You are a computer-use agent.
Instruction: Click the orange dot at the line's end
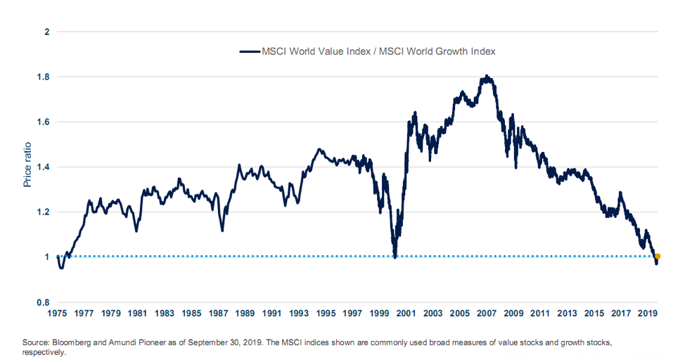click(658, 257)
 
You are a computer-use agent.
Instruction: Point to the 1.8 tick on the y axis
click(44, 77)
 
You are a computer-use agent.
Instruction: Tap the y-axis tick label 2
click(47, 32)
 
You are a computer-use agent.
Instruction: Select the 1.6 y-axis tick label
click(44, 122)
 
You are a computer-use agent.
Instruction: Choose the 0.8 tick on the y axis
click(44, 302)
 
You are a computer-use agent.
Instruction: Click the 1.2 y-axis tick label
click(44, 212)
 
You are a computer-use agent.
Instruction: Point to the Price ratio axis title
click(28, 167)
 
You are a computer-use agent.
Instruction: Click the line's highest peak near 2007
click(486, 75)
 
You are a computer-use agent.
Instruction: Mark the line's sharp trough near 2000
click(395, 257)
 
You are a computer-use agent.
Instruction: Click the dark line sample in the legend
click(250, 51)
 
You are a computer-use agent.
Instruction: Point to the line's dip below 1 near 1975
click(61, 268)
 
